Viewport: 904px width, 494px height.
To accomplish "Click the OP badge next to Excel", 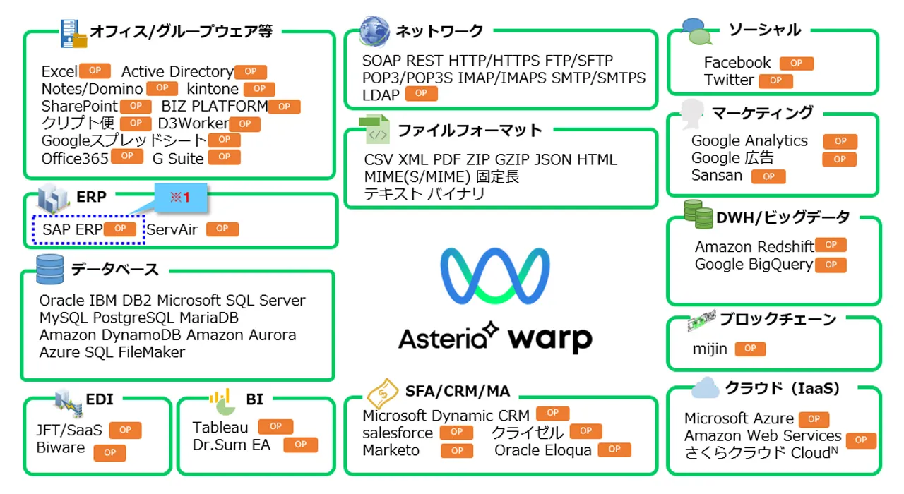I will [x=95, y=71].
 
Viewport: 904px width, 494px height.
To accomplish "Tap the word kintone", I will [x=213, y=89].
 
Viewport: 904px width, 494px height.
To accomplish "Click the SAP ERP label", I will [x=73, y=229].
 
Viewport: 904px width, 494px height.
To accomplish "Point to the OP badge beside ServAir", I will [x=222, y=229].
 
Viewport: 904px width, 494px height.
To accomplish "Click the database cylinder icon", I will [x=50, y=269].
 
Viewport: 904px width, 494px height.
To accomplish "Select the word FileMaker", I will [x=152, y=352].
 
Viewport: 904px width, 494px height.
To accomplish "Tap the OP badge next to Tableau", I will [x=275, y=426].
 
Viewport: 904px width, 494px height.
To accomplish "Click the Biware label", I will [x=61, y=447].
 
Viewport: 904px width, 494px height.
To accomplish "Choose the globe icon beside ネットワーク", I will [x=374, y=31].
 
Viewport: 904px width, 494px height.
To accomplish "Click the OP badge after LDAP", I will [x=421, y=93].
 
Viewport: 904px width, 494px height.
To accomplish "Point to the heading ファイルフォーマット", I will [x=470, y=131].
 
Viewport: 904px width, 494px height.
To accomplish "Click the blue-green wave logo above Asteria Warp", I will [x=494, y=276].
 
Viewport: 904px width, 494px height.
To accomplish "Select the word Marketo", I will [x=391, y=450].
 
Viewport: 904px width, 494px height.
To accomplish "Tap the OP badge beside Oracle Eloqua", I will [x=614, y=449].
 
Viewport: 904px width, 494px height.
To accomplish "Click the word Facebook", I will [x=737, y=63].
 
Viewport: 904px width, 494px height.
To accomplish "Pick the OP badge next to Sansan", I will [x=768, y=176].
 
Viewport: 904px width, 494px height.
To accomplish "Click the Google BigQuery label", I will [x=754, y=265].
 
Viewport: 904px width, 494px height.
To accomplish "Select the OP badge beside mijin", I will [x=750, y=349].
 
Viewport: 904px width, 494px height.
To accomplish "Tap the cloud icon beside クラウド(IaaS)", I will [x=705, y=387].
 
